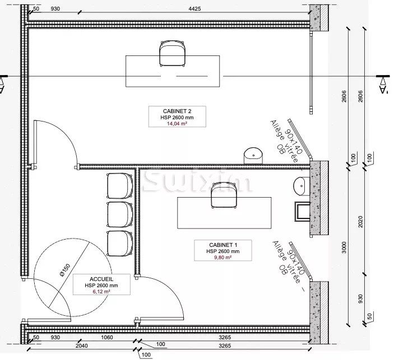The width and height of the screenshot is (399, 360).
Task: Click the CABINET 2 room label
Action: pos(177,110)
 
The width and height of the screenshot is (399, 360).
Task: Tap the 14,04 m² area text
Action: pos(177,124)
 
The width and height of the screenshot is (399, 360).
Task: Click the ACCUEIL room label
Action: pos(102,278)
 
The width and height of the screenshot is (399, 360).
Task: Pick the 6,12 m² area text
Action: pos(102,292)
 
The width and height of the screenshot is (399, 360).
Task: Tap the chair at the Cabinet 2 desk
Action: pos(171,53)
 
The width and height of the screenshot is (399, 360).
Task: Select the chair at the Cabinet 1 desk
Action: pos(224,197)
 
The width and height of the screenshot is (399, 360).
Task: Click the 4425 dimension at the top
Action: pos(194,10)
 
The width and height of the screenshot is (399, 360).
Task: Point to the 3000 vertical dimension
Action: pos(344,246)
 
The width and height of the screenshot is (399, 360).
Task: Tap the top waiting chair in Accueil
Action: pos(119,185)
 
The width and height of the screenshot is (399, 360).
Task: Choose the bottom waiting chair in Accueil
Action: pos(119,242)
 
